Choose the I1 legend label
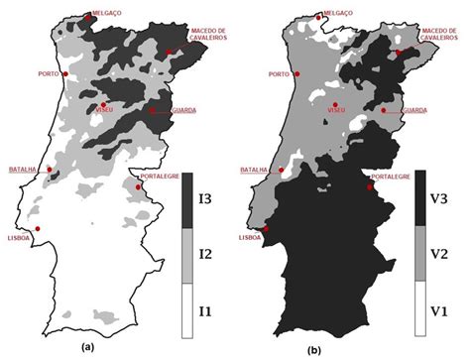[205, 310]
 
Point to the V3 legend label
[437, 197]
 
